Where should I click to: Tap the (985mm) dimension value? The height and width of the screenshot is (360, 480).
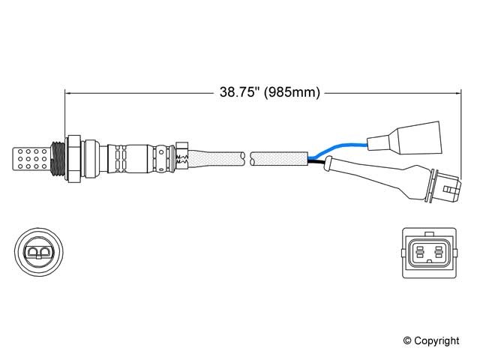click(292, 92)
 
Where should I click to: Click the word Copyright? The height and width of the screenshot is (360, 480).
click(436, 341)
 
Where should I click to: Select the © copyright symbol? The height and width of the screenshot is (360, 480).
click(407, 340)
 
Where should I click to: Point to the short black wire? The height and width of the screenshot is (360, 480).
click(316, 162)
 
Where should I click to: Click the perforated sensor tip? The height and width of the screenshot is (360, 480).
click(31, 159)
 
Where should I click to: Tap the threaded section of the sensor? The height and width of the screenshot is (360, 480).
click(58, 158)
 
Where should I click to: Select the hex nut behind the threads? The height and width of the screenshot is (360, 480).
click(73, 158)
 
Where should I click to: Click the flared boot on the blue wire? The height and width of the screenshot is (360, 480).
click(405, 137)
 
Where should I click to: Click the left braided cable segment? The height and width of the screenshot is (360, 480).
click(217, 158)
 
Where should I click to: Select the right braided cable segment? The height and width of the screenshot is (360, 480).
click(279, 158)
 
